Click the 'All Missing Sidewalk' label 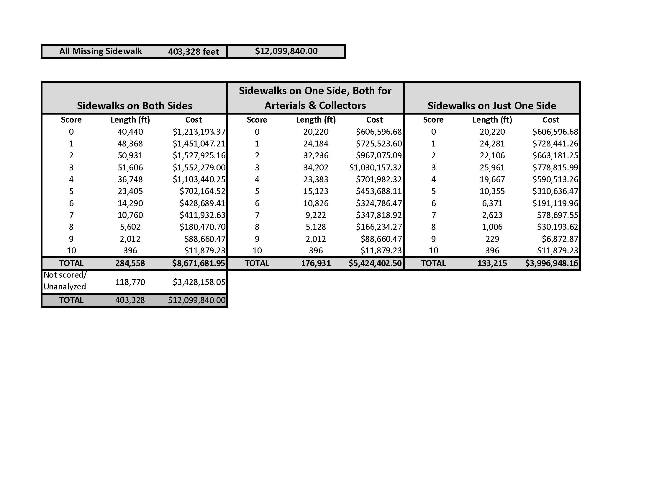(x=100, y=51)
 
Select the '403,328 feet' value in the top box (x=194, y=52)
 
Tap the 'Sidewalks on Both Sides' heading (x=134, y=106)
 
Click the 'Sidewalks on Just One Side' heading (x=492, y=106)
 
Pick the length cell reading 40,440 (x=130, y=132)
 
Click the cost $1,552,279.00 (x=199, y=167)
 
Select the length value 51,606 (x=130, y=167)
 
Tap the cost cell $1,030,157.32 (x=375, y=167)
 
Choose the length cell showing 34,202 (x=316, y=167)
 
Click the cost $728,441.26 (x=555, y=144)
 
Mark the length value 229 (x=492, y=239)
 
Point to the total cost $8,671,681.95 (x=199, y=263)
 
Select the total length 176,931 (x=316, y=263)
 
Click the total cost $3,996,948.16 (x=551, y=263)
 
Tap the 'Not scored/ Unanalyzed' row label (x=65, y=281)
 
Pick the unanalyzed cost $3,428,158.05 (x=199, y=282)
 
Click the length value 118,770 (x=130, y=282)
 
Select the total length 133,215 (x=492, y=263)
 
